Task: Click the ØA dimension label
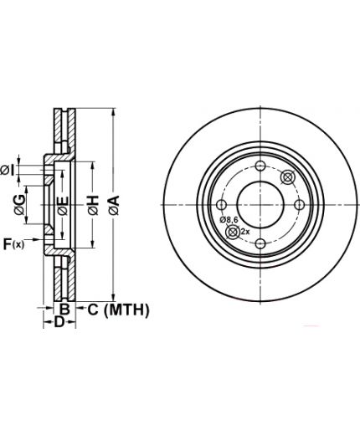pos(114,205)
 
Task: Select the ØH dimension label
pos(94,206)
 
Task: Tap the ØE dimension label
pos(63,206)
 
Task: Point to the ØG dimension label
pos(20,205)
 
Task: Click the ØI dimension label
pos(8,170)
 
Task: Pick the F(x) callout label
pos(13,244)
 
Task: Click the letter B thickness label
pos(64,310)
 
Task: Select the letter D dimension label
pos(59,322)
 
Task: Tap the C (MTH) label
pos(119,310)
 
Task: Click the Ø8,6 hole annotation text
pos(229,220)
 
